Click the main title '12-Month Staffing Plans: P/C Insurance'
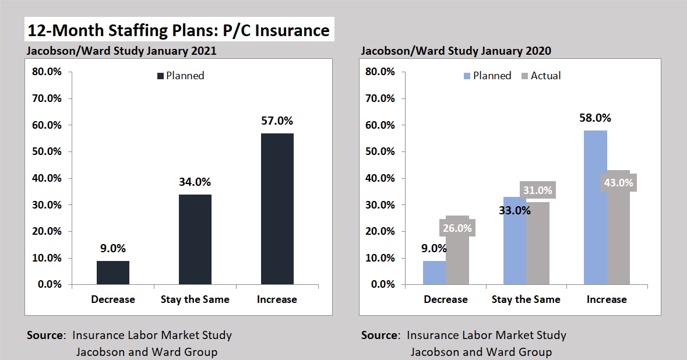tap(178, 29)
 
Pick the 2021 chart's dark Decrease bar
tap(113, 272)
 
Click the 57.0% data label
tap(277, 121)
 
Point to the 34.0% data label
tap(195, 182)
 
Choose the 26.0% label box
tap(457, 228)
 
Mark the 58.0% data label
tap(595, 118)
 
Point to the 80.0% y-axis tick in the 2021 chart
tap(45, 72)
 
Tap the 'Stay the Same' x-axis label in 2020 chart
tap(526, 299)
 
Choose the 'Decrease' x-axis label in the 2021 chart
tap(113, 299)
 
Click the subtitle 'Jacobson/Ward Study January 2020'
tap(456, 51)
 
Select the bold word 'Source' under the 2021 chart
tap(46, 335)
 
